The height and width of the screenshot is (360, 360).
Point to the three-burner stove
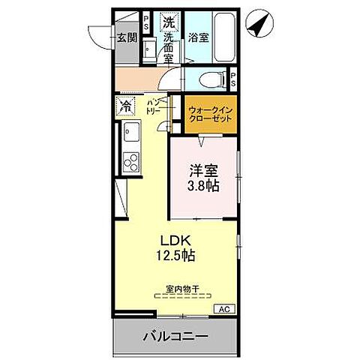[130, 161]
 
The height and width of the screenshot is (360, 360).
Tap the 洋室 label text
[203, 169]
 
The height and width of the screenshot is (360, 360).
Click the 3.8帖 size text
[203, 186]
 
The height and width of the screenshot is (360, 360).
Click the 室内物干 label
[183, 288]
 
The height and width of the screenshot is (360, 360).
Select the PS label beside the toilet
[233, 78]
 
